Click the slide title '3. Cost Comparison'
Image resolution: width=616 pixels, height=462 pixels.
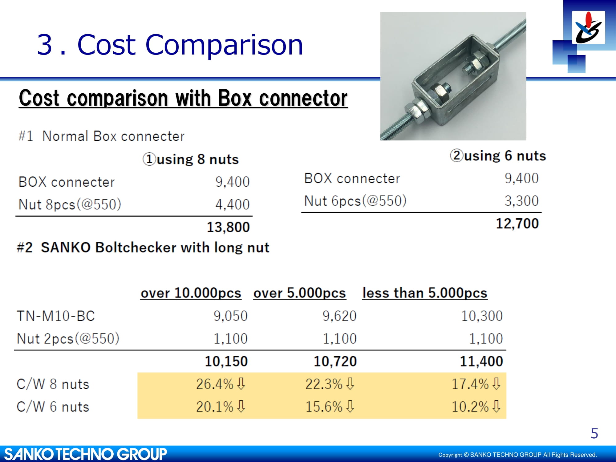pyautogui.click(x=170, y=45)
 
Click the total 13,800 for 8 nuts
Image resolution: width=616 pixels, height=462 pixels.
pyautogui.click(x=228, y=227)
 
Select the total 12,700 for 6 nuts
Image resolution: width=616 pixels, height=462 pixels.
pyautogui.click(x=517, y=224)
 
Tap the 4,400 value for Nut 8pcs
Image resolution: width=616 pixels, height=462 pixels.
pyautogui.click(x=233, y=205)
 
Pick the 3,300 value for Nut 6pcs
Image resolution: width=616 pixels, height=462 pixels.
pyautogui.click(x=522, y=201)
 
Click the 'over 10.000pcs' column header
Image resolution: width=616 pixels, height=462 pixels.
pyautogui.click(x=191, y=293)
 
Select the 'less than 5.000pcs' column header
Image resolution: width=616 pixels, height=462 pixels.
pyautogui.click(x=425, y=293)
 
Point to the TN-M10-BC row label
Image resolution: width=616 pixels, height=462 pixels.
pyautogui.click(x=56, y=316)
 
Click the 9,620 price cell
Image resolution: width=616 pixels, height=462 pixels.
pyautogui.click(x=339, y=316)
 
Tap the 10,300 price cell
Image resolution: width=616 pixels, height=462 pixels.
pyautogui.click(x=482, y=316)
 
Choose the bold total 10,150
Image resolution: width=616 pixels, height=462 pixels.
pyautogui.click(x=226, y=361)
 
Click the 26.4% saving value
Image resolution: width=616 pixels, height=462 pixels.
pyautogui.click(x=215, y=384)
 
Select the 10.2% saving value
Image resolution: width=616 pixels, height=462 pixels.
pyautogui.click(x=470, y=407)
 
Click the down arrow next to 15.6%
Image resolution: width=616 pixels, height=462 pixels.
pyautogui.click(x=350, y=406)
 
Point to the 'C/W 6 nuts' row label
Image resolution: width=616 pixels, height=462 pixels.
pyautogui.click(x=53, y=407)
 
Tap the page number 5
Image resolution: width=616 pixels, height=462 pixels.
pyautogui.click(x=594, y=434)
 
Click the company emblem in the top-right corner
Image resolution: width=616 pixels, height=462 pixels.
pyautogui.click(x=588, y=27)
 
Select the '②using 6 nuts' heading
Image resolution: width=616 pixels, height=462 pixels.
pyautogui.click(x=498, y=156)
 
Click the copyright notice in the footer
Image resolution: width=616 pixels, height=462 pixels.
pyautogui.click(x=518, y=455)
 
